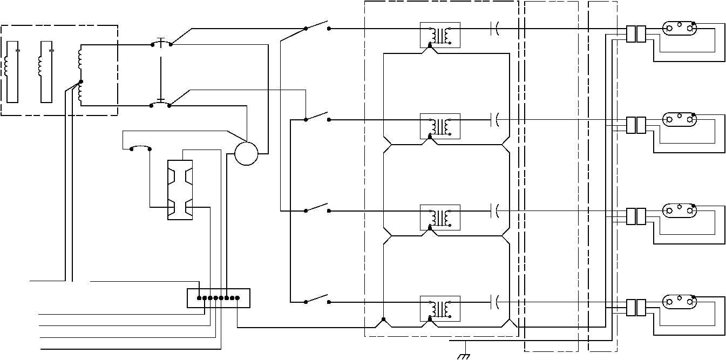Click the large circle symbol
247,154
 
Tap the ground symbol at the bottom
463,356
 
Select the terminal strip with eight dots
219,298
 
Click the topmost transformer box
440,35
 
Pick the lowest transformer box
440,309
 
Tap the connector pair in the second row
636,125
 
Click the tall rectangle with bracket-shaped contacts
180,189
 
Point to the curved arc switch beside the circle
141,147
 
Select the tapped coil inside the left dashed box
80,76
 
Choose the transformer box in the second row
440,126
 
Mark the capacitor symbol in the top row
495,28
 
